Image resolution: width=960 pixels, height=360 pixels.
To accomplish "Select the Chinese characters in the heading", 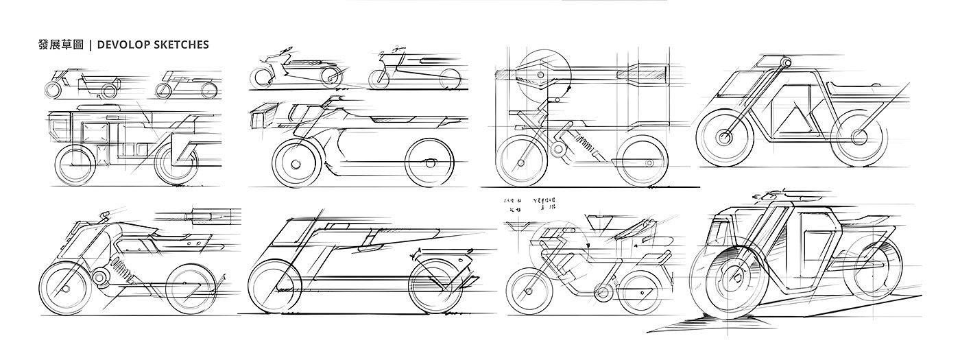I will [60, 45].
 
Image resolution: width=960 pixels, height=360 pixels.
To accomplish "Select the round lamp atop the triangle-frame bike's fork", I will [783, 64].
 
